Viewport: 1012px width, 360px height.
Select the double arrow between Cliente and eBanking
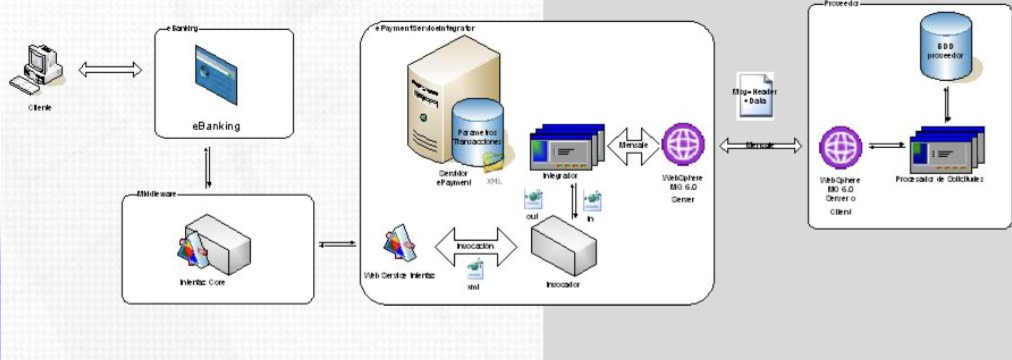(111, 69)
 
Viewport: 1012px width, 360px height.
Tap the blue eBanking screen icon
(216, 75)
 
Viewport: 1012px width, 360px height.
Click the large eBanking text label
(216, 126)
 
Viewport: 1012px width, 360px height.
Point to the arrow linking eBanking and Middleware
(208, 167)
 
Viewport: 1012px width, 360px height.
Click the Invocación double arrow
(475, 246)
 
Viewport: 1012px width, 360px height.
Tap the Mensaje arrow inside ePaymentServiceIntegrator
(633, 146)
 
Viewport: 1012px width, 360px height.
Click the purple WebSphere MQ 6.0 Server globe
(683, 145)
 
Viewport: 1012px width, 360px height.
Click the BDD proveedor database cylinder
(946, 46)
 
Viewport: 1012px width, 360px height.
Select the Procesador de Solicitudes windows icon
(947, 150)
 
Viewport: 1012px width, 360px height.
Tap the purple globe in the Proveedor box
(841, 147)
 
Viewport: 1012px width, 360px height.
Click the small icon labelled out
(533, 199)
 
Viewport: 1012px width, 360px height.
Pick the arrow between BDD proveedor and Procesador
(947, 104)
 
